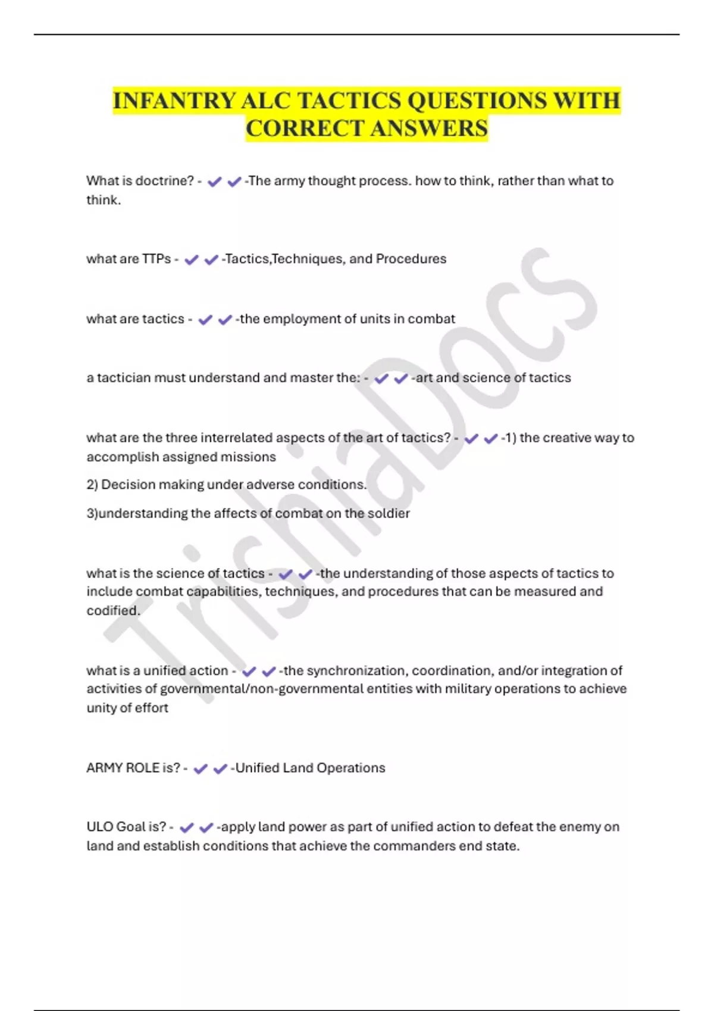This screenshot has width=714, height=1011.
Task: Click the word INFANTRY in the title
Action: (x=174, y=101)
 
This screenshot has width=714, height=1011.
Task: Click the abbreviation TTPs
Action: (x=156, y=259)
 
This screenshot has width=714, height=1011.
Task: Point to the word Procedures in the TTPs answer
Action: (x=411, y=259)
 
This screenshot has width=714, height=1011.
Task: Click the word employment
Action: (x=310, y=319)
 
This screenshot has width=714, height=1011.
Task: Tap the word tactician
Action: (x=123, y=378)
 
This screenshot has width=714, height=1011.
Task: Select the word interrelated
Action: (x=238, y=438)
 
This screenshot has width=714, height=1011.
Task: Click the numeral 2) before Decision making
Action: (x=92, y=485)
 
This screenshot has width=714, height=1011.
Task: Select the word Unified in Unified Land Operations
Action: (x=256, y=768)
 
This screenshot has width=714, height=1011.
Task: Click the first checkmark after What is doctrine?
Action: (x=214, y=182)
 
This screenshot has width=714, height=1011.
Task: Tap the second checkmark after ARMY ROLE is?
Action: (x=220, y=769)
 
